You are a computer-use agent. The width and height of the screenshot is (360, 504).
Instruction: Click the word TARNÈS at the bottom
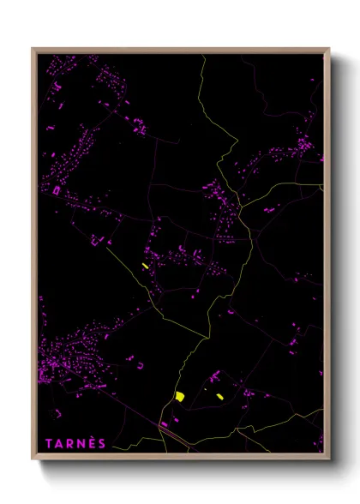(76, 443)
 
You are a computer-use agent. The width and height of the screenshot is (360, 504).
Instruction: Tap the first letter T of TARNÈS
(49, 443)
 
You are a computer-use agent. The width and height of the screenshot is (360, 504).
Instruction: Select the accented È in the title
(92, 443)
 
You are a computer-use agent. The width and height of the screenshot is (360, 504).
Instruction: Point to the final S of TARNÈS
(103, 443)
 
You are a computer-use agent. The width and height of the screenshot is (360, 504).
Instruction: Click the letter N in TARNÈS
(81, 443)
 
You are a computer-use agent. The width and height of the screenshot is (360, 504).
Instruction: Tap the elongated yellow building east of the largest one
(219, 396)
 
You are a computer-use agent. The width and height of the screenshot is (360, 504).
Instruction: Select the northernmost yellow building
(146, 266)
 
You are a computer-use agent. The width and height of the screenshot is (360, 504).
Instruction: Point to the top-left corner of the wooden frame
(33, 49)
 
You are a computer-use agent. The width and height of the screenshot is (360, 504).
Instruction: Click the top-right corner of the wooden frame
(330, 49)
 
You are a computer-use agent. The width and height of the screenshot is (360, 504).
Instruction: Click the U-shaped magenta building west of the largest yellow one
(140, 365)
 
